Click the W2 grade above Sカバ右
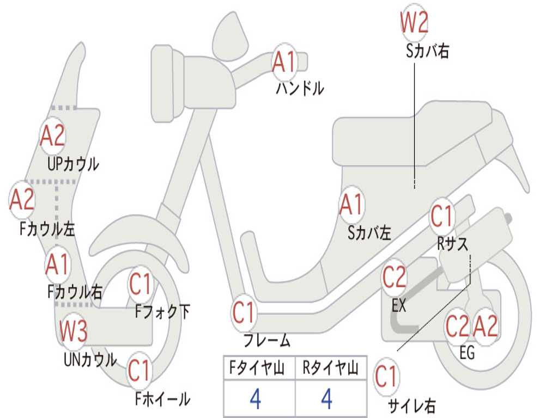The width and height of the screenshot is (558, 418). [x=414, y=23]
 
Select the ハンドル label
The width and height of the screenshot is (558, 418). [x=300, y=88]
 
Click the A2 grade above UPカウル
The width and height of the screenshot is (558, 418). [x=53, y=136]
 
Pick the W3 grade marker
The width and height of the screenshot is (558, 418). [x=74, y=331]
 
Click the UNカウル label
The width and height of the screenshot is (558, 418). [x=90, y=359]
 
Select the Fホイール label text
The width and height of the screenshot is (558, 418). [x=162, y=399]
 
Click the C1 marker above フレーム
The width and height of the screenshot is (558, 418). [x=244, y=312]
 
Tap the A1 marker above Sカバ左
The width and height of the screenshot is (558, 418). [x=351, y=206]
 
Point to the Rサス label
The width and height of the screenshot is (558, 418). [x=452, y=244]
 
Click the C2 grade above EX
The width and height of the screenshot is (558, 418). [x=394, y=278]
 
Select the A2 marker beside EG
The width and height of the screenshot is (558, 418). [x=485, y=326]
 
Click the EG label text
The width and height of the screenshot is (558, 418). [x=467, y=353]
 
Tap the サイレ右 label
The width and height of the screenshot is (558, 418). [x=411, y=405]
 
